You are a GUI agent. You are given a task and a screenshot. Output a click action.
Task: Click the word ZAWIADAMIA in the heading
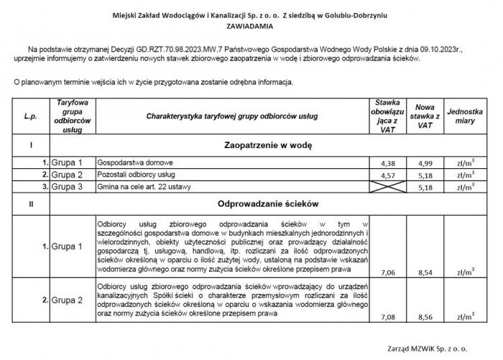251,23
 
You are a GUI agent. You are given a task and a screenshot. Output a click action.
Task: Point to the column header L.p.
30,116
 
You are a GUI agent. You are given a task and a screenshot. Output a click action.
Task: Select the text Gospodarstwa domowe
137,162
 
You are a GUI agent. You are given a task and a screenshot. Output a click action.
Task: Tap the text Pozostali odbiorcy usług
139,175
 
